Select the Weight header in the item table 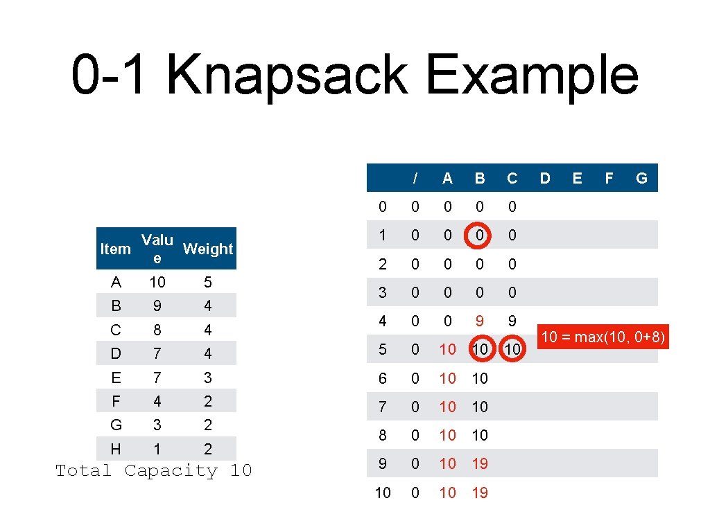point(208,249)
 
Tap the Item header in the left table point(115,249)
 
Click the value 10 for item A point(157,282)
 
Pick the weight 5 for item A point(208,282)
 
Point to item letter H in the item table point(115,449)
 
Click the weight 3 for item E point(208,378)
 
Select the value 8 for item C point(157,330)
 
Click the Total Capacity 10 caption point(153,471)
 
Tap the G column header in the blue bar point(641,178)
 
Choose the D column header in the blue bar point(545,178)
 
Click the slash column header point(415,178)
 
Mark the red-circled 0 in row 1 point(480,236)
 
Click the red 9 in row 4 point(480,321)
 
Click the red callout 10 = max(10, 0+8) point(603,338)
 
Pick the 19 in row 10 point(480,493)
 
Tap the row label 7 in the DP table point(383,407)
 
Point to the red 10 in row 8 point(448,435)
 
